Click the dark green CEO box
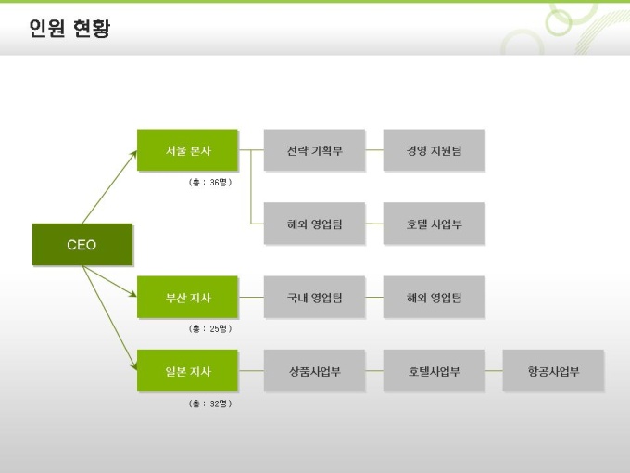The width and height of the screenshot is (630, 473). tap(82, 245)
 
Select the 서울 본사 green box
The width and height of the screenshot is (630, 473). tap(187, 150)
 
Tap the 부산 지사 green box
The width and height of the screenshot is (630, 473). tap(187, 298)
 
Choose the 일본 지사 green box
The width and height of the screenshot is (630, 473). tap(187, 371)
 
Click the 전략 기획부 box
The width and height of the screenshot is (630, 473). tap(314, 150)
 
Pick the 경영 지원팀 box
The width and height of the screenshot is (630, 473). tap(434, 150)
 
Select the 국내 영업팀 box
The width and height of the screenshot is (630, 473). tap(314, 298)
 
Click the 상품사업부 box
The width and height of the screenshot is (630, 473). tap(314, 371)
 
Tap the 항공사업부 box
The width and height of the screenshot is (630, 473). tap(553, 371)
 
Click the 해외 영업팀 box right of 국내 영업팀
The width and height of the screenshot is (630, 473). tap(434, 298)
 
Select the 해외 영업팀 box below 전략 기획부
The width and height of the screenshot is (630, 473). tap(314, 224)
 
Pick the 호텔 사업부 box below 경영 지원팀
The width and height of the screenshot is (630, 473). tap(434, 224)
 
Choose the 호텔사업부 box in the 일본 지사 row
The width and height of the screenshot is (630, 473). tap(434, 371)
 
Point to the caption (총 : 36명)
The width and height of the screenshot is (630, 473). tap(209, 182)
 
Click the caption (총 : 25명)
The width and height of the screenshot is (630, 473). tap(209, 328)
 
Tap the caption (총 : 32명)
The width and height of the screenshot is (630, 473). tap(209, 403)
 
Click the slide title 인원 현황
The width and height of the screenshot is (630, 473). tap(69, 29)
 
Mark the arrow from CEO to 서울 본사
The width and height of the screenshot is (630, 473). tap(108, 188)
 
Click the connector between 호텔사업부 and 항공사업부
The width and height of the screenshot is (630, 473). tap(493, 371)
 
